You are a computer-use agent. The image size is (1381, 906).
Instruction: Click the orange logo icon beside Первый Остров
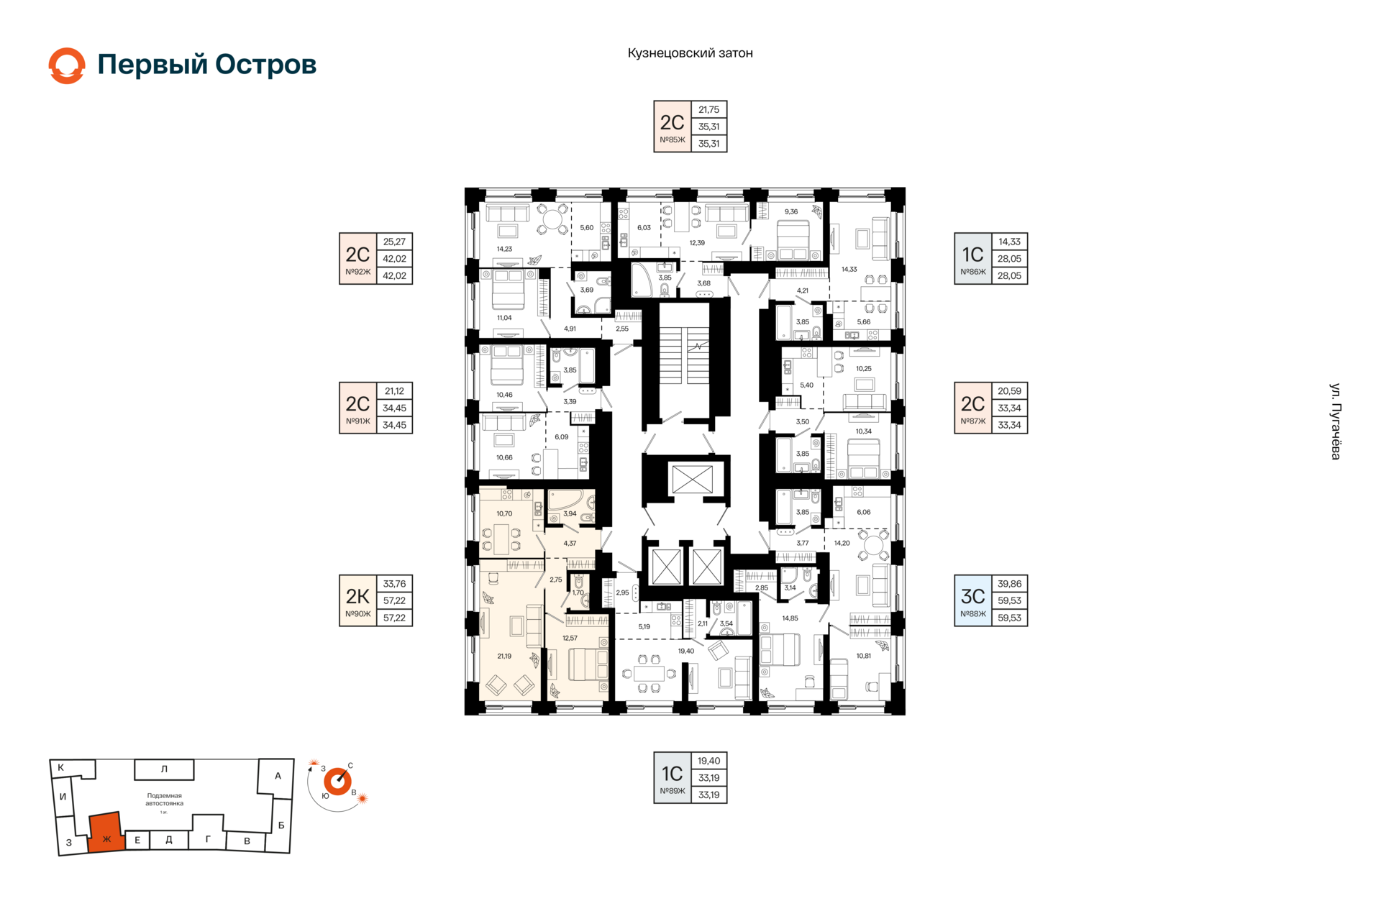click(x=67, y=65)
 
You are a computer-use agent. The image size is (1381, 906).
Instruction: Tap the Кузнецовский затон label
click(x=690, y=53)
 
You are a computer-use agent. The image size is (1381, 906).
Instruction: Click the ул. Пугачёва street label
click(x=1335, y=421)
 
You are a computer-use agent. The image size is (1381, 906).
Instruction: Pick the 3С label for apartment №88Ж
click(x=972, y=596)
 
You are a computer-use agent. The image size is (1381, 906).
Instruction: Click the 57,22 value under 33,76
click(x=394, y=600)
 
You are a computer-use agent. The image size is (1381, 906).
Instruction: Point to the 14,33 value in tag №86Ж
click(x=1009, y=242)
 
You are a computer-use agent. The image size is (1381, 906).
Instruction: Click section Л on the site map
click(x=164, y=769)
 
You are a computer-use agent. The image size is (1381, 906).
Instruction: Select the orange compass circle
click(x=337, y=782)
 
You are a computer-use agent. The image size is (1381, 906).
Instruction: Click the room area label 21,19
click(x=504, y=656)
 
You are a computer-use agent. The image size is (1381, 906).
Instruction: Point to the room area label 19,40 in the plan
click(x=686, y=651)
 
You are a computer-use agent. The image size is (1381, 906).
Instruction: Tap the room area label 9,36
click(x=791, y=211)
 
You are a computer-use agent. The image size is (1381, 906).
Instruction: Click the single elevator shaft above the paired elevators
click(x=691, y=479)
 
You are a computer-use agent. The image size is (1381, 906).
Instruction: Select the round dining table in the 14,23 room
click(x=555, y=218)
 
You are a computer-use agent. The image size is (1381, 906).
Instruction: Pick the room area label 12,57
click(x=570, y=638)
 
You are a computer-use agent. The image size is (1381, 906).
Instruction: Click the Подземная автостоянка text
click(x=164, y=800)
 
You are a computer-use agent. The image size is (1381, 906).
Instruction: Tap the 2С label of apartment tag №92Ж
click(x=357, y=254)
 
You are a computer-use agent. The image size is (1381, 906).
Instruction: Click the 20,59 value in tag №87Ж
click(x=1009, y=391)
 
